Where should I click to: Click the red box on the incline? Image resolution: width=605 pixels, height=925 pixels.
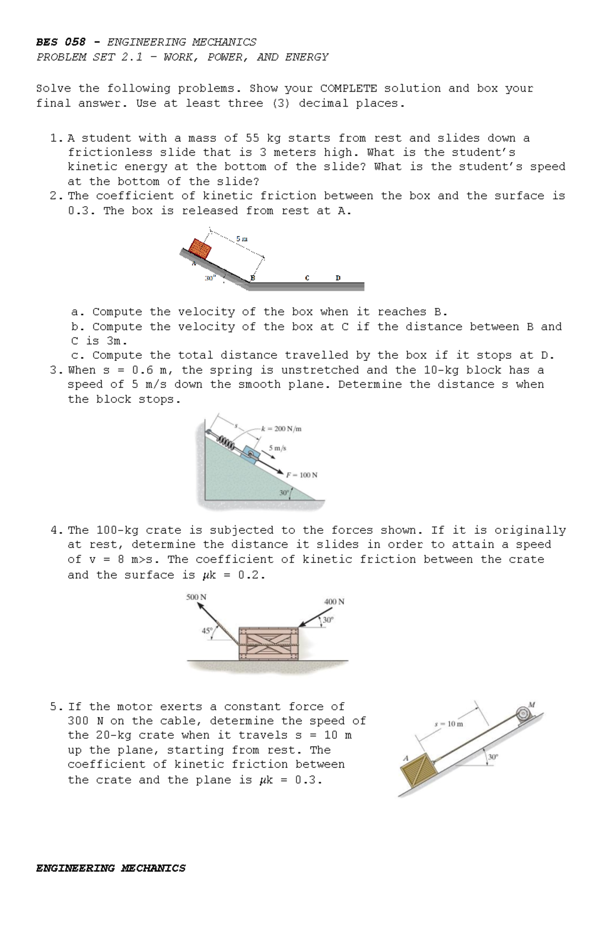[200, 249]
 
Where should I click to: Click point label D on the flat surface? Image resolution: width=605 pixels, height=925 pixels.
[338, 278]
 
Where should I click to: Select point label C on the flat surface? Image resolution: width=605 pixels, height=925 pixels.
[307, 278]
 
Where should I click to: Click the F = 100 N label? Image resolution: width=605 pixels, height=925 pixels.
[301, 475]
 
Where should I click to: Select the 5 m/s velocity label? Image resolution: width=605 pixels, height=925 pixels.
[277, 448]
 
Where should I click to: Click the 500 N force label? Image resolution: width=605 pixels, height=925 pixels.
[196, 597]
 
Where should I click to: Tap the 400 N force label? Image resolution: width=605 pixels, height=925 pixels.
[334, 601]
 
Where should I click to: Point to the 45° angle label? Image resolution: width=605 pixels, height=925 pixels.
[207, 630]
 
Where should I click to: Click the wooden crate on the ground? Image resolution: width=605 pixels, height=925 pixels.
[268, 644]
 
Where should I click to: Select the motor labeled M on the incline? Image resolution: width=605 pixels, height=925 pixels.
[523, 714]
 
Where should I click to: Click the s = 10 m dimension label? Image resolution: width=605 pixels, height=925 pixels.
[448, 724]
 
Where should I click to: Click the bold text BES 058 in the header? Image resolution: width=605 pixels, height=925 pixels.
[60, 42]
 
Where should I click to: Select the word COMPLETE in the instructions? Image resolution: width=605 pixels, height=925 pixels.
[348, 88]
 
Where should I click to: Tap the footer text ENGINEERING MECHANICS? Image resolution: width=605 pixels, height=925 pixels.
[110, 868]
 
